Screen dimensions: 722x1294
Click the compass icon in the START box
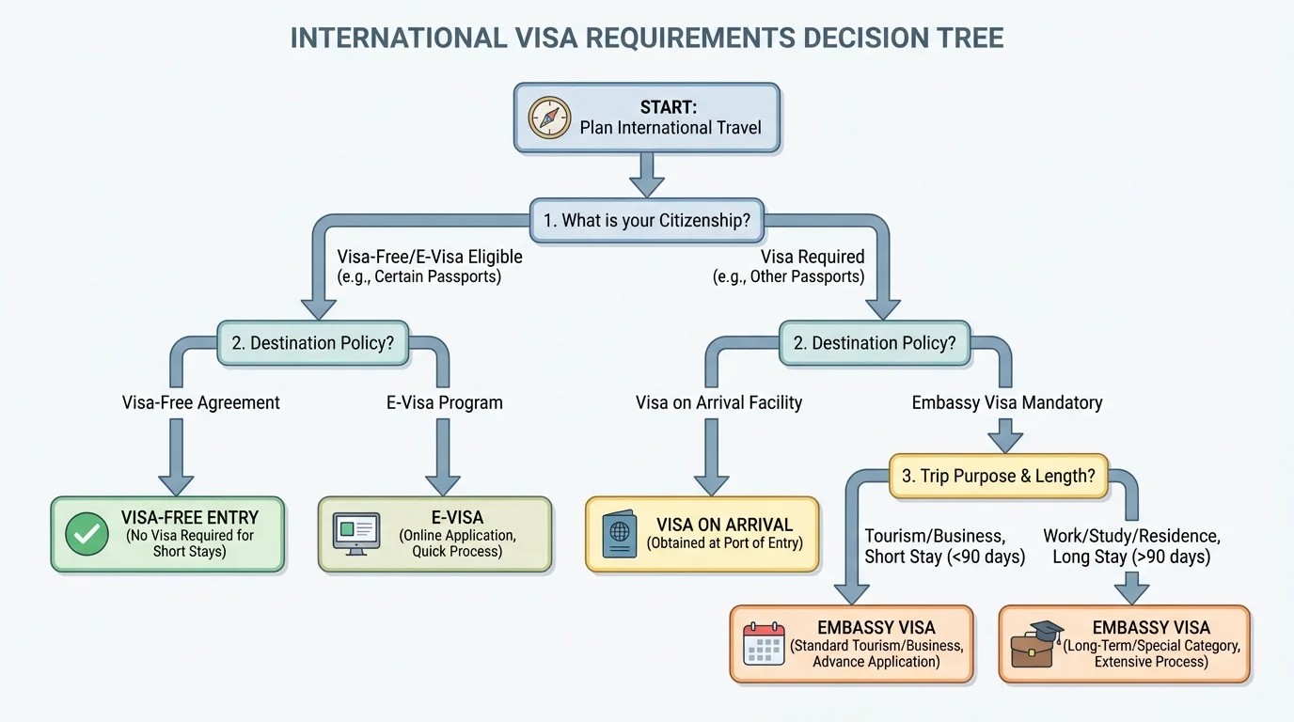pos(550,118)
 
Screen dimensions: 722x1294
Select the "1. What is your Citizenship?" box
pos(647,222)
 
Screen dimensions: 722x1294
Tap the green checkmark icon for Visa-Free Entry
pos(87,535)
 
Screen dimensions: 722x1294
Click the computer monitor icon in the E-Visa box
pos(356,533)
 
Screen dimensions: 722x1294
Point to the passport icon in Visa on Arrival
pos(618,534)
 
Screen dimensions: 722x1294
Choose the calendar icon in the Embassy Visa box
pos(763,644)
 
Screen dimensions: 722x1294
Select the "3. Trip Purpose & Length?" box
pos(998,476)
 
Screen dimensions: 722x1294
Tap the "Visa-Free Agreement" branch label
pos(201,402)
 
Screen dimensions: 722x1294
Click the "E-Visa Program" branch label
pos(444,402)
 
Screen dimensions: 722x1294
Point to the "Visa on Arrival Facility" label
pos(718,402)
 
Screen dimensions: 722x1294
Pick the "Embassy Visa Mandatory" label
pos(1006,402)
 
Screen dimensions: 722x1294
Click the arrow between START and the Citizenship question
pos(647,174)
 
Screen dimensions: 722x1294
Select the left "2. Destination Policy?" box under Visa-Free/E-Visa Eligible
pos(314,343)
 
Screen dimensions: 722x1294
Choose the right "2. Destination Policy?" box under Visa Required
pos(874,343)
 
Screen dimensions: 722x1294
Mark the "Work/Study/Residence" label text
pos(1131,537)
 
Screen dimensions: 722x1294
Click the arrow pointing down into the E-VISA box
pos(444,456)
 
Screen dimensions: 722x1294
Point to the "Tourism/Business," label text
pos(935,537)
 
